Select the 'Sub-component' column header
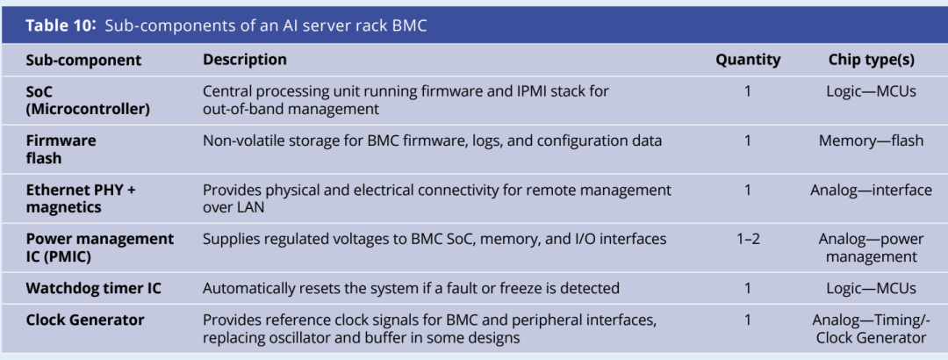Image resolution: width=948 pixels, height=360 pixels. (83, 60)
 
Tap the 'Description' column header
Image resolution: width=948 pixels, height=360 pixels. (245, 60)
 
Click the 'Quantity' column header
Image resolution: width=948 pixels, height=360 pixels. (748, 60)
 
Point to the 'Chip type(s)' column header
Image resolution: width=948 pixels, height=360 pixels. (872, 60)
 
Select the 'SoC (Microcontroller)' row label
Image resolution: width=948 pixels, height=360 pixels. (88, 100)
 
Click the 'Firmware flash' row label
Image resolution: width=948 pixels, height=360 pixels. (61, 149)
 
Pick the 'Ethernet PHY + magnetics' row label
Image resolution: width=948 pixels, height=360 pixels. (81, 198)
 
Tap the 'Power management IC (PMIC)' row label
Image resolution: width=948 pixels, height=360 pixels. (100, 248)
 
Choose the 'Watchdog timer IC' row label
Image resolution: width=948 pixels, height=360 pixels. (93, 288)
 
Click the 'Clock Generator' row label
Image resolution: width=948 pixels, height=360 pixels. (84, 320)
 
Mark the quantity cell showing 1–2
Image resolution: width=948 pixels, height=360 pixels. (748, 239)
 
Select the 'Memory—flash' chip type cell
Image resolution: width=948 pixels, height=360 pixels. (872, 141)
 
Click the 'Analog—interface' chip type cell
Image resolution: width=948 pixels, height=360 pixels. (872, 190)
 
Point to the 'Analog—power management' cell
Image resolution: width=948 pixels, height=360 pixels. (872, 248)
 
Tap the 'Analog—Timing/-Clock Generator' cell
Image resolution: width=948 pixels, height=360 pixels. (872, 328)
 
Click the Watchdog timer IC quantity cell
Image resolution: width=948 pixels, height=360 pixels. (748, 288)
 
